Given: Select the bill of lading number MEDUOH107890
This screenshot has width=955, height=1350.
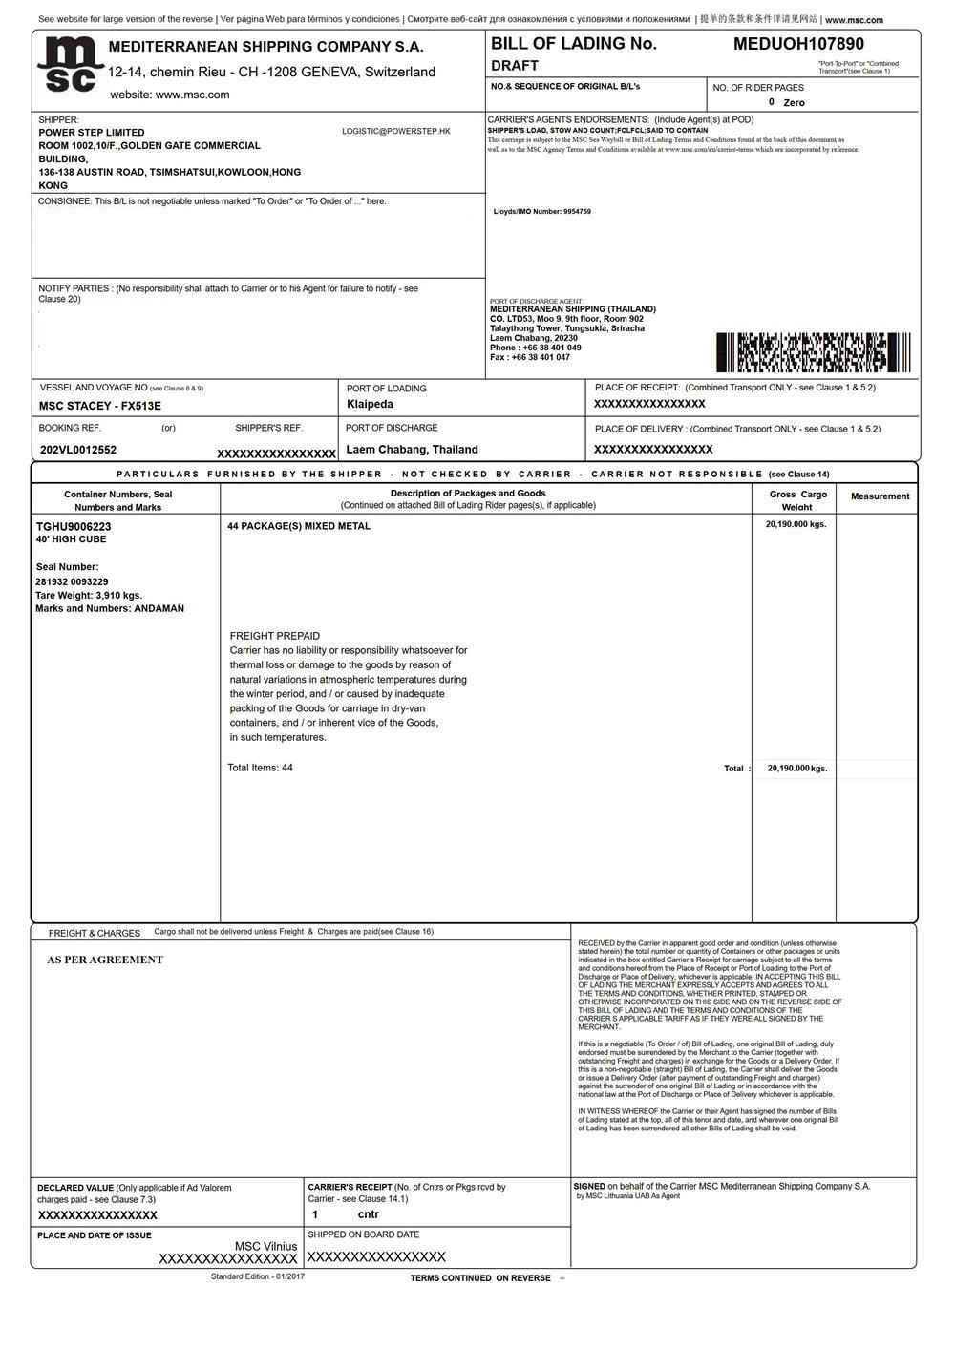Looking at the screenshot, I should click(798, 44).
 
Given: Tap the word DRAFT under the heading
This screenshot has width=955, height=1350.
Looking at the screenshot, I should click(515, 66).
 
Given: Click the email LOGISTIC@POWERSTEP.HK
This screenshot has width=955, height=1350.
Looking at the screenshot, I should click(395, 131).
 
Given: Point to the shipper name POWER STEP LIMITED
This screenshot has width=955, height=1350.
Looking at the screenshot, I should click(92, 133).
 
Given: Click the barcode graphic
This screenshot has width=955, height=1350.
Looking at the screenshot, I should click(813, 352).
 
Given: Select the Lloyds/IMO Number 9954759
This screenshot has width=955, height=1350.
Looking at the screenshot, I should click(541, 212).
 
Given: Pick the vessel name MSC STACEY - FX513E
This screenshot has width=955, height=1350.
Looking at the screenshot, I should click(100, 406).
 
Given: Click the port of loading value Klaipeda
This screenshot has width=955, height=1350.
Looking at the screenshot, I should click(370, 405).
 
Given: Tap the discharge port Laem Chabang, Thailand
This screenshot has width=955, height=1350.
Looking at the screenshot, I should click(412, 450).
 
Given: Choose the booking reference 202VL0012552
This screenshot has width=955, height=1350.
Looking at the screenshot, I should click(78, 450).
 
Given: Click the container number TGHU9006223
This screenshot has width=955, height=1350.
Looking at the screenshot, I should click(74, 526).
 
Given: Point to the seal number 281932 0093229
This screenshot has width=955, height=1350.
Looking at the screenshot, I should click(72, 581).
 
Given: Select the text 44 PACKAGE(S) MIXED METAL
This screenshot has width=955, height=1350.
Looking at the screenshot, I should click(299, 526).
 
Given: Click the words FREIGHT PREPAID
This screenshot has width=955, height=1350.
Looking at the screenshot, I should click(275, 636).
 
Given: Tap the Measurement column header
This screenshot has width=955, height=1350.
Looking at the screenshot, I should click(880, 496).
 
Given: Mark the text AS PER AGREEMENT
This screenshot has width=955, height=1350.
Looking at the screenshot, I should click(105, 960).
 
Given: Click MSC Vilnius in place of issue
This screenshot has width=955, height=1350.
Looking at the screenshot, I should click(265, 1246).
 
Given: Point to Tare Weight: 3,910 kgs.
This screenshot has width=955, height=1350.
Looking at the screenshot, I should click(89, 595).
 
